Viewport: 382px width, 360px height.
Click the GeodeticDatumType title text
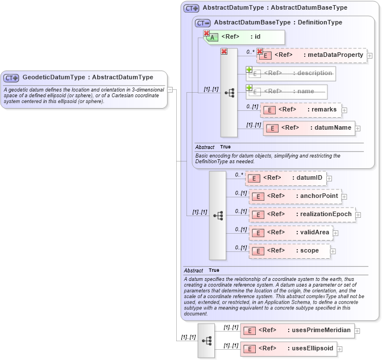88,77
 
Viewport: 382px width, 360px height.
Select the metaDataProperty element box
312,55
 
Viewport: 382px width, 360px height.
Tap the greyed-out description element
291,73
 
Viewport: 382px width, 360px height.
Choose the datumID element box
285,178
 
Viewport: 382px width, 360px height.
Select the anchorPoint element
295,196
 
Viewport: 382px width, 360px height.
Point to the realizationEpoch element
303,214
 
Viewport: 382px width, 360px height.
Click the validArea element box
290,233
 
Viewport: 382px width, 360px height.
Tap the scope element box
289,250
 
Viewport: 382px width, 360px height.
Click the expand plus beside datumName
358,129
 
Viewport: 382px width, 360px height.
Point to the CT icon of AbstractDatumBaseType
203,23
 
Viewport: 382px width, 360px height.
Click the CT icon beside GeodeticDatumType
11,77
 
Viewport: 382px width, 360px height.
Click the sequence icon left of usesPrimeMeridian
206,340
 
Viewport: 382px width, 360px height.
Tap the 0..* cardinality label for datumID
239,175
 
